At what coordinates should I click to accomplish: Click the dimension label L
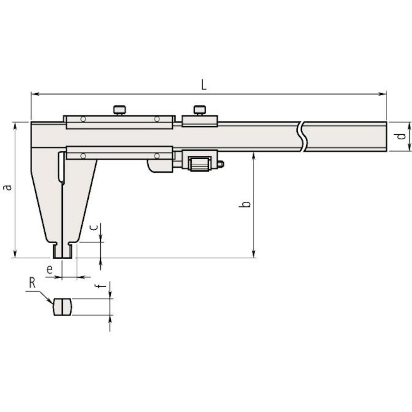204,85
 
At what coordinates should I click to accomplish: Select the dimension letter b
245,204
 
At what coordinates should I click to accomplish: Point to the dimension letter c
94,228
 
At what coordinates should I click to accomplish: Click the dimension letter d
402,136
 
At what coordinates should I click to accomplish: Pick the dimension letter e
50,270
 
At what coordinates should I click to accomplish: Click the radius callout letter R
32,283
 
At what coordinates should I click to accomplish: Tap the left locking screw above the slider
119,110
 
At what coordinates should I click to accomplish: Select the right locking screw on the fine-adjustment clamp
199,110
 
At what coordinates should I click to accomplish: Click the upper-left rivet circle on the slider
83,119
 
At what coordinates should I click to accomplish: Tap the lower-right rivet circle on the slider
157,156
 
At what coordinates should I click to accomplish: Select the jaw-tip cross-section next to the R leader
62,307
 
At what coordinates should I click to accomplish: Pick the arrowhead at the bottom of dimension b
254,255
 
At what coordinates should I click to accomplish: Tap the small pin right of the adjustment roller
221,164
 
